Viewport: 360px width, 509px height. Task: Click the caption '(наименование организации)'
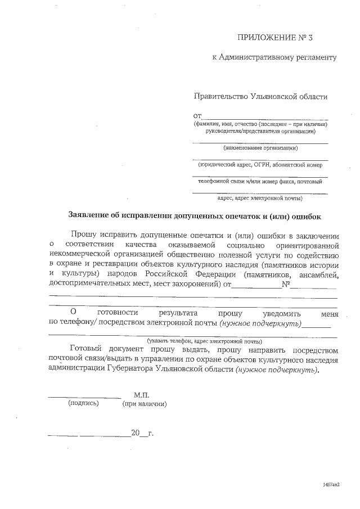click(260, 148)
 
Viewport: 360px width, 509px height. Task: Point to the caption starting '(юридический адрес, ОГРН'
click(260, 165)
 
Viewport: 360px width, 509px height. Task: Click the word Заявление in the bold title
click(89, 215)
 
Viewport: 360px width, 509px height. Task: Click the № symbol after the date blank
click(286, 284)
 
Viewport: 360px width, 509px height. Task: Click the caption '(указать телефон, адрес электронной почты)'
click(204, 341)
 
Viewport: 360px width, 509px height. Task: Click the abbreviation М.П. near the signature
click(142, 395)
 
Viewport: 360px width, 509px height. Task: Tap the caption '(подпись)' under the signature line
click(83, 403)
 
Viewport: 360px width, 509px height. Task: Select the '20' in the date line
click(135, 433)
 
